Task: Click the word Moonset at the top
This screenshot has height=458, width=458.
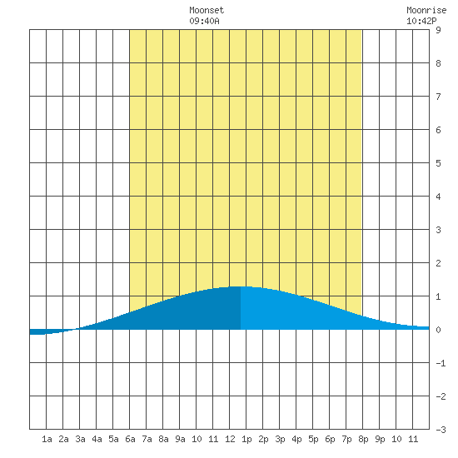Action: pyautogui.click(x=207, y=10)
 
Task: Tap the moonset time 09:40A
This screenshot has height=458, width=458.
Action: pyautogui.click(x=204, y=21)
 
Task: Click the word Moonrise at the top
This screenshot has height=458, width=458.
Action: pyautogui.click(x=426, y=10)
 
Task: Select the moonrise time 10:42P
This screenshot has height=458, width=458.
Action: pyautogui.click(x=421, y=21)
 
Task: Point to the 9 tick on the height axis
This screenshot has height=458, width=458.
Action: pyautogui.click(x=438, y=30)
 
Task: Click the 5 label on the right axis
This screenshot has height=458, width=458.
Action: pyautogui.click(x=438, y=163)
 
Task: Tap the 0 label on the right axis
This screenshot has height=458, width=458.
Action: pyautogui.click(x=438, y=330)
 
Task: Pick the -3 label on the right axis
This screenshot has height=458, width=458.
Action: pyautogui.click(x=441, y=430)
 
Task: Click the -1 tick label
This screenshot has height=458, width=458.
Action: pyautogui.click(x=441, y=363)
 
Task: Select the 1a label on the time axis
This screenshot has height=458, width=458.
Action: pyautogui.click(x=47, y=439)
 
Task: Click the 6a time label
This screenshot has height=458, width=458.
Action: pyautogui.click(x=130, y=439)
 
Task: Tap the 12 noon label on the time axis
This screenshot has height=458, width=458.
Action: pyautogui.click(x=230, y=439)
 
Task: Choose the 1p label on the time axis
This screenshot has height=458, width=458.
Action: pyautogui.click(x=246, y=439)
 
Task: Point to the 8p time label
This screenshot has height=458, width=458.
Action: pyautogui.click(x=363, y=439)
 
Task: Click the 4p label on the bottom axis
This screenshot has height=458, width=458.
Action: pyautogui.click(x=296, y=439)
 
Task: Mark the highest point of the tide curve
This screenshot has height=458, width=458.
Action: pyautogui.click(x=241, y=286)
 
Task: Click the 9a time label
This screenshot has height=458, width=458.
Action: pyautogui.click(x=180, y=439)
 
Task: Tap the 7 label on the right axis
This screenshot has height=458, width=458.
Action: pyautogui.click(x=438, y=97)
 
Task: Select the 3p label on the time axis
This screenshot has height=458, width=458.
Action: pyautogui.click(x=280, y=439)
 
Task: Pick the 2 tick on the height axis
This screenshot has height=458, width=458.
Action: pyautogui.click(x=438, y=263)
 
